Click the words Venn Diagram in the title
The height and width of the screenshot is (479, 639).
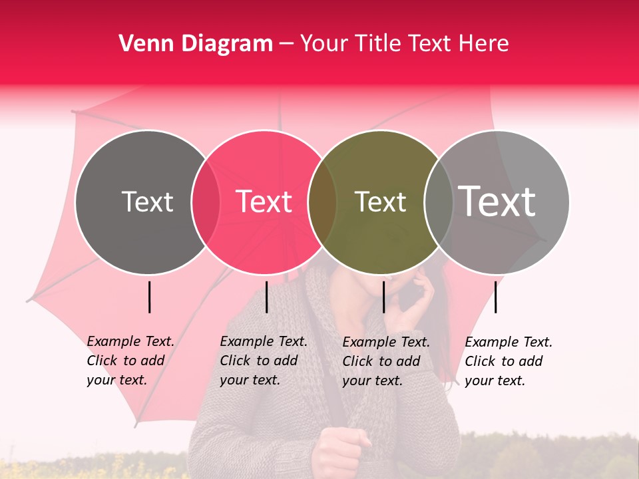(x=196, y=44)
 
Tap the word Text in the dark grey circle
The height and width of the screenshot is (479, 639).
(x=147, y=202)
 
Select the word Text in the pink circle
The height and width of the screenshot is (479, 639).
(x=264, y=202)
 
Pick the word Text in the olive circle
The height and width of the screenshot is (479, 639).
(x=380, y=202)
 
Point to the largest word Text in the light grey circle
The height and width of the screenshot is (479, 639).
(x=497, y=202)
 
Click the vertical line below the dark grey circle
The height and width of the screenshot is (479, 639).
(x=149, y=297)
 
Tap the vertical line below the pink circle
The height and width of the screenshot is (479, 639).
(x=266, y=297)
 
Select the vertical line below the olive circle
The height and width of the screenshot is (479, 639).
(x=383, y=297)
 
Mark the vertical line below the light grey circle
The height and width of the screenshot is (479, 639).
(x=495, y=297)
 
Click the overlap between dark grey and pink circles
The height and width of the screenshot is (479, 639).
(x=206, y=202)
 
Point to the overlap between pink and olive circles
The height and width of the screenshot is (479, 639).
(x=322, y=202)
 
